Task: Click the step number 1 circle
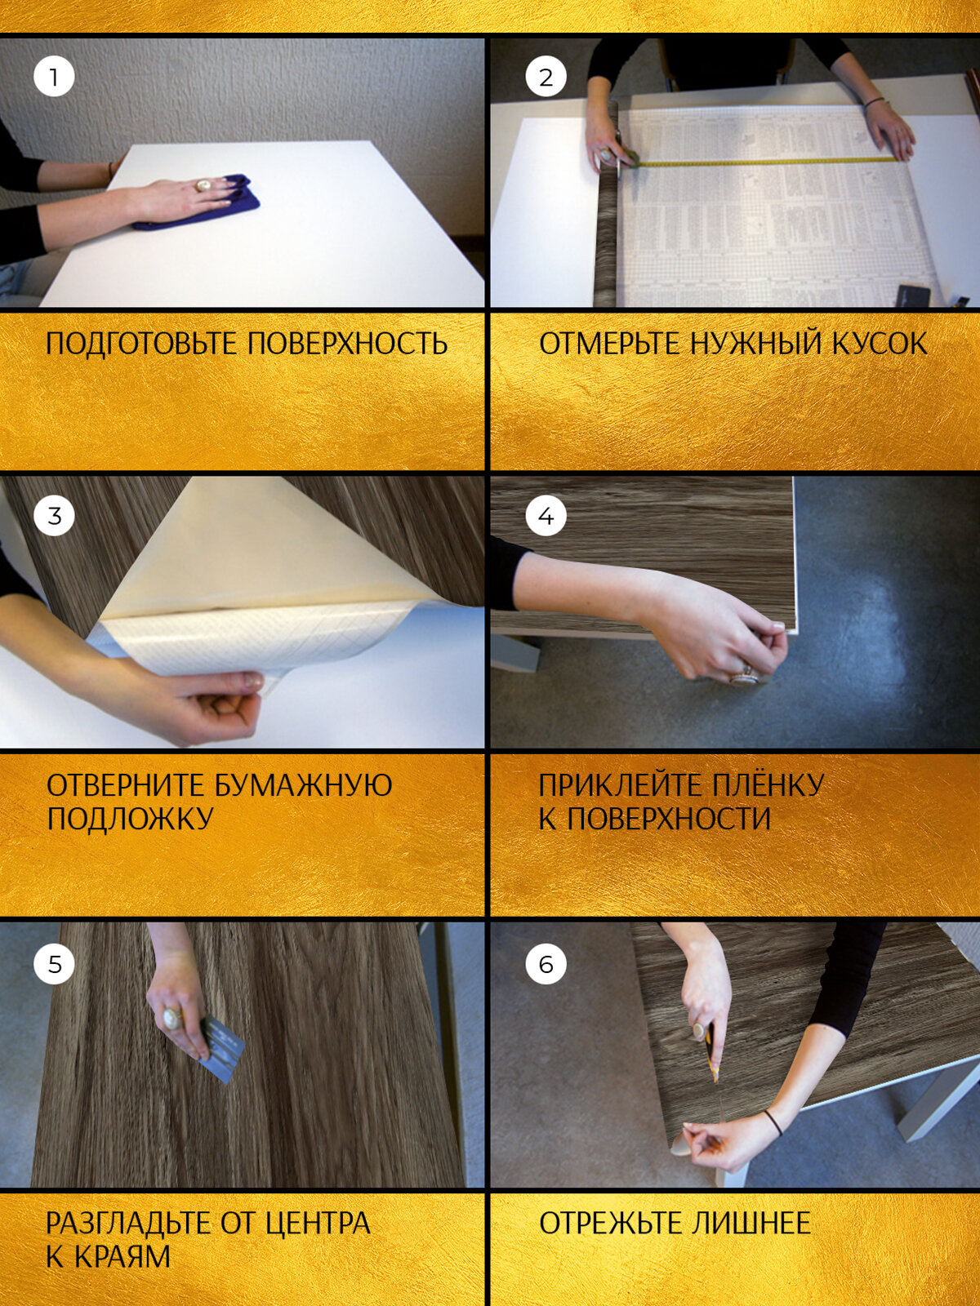(54, 77)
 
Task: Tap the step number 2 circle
(546, 77)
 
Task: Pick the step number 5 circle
(54, 964)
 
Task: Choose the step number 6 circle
(546, 964)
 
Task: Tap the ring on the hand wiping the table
(203, 185)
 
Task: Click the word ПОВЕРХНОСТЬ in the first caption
(348, 344)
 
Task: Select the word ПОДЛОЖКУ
(130, 818)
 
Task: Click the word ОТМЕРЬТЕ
(609, 344)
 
